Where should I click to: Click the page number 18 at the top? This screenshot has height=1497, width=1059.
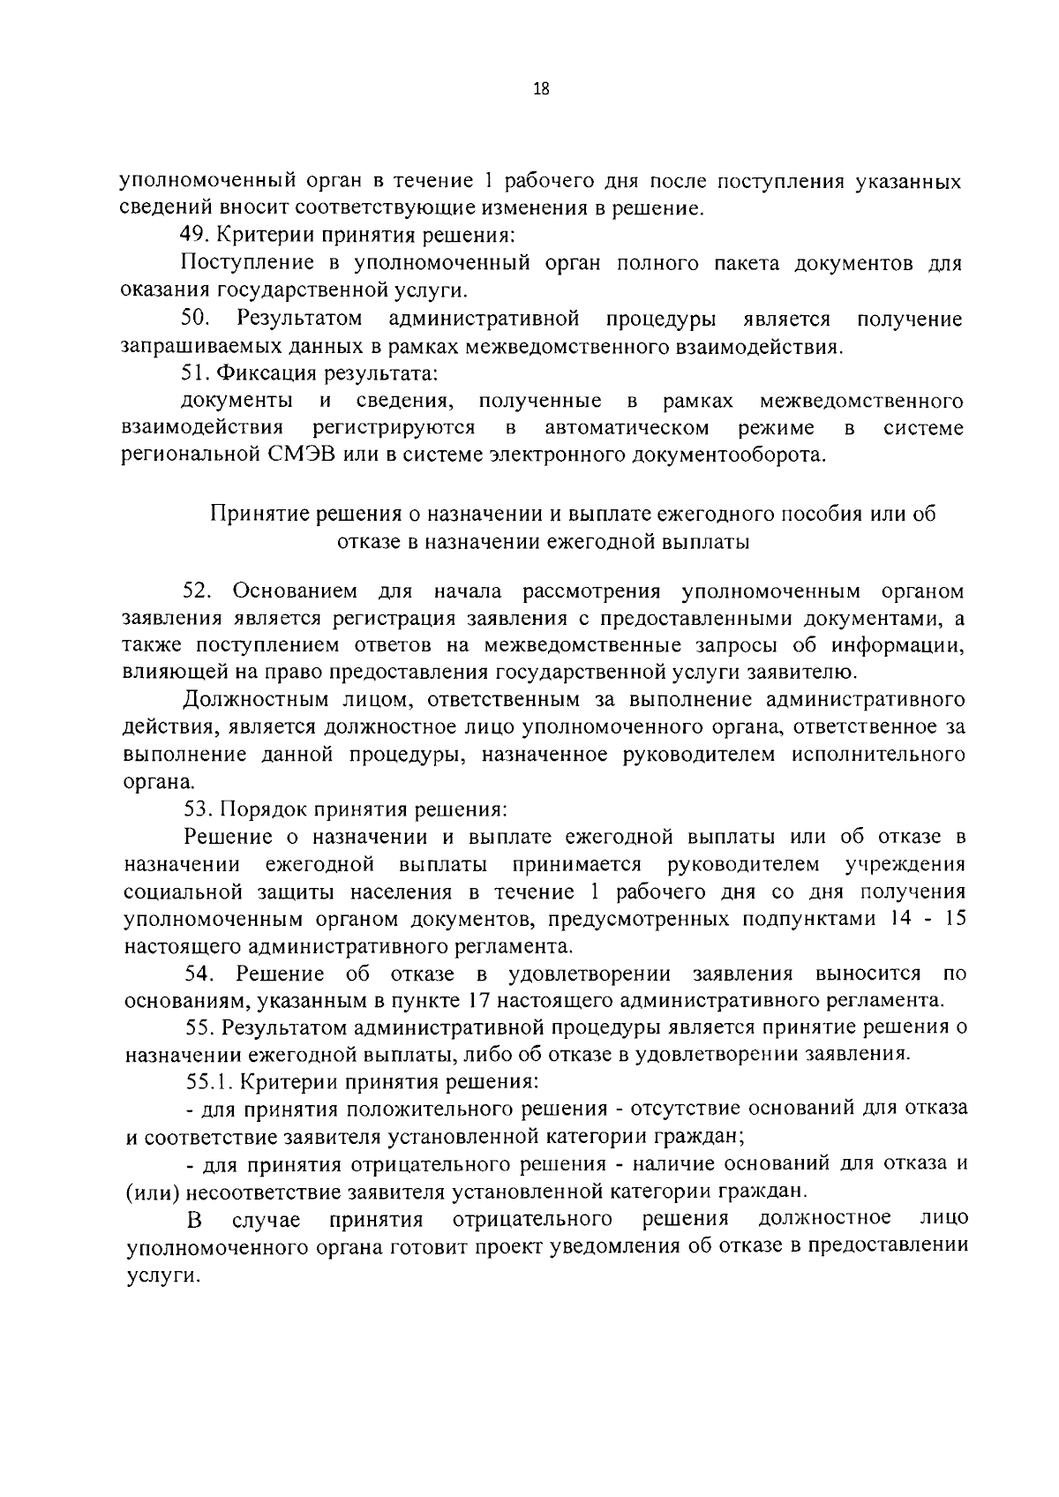tap(541, 88)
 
